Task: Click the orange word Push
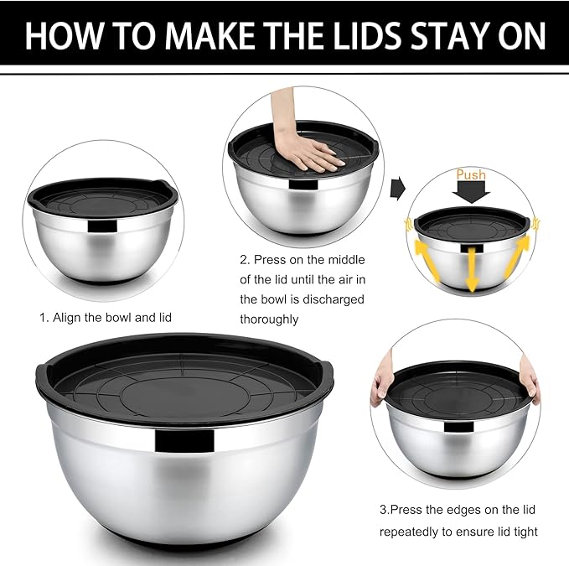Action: (x=470, y=175)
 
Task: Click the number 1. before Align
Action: (x=44, y=318)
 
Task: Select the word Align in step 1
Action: (x=69, y=318)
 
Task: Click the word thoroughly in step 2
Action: (x=269, y=319)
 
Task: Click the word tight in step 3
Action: (x=522, y=532)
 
